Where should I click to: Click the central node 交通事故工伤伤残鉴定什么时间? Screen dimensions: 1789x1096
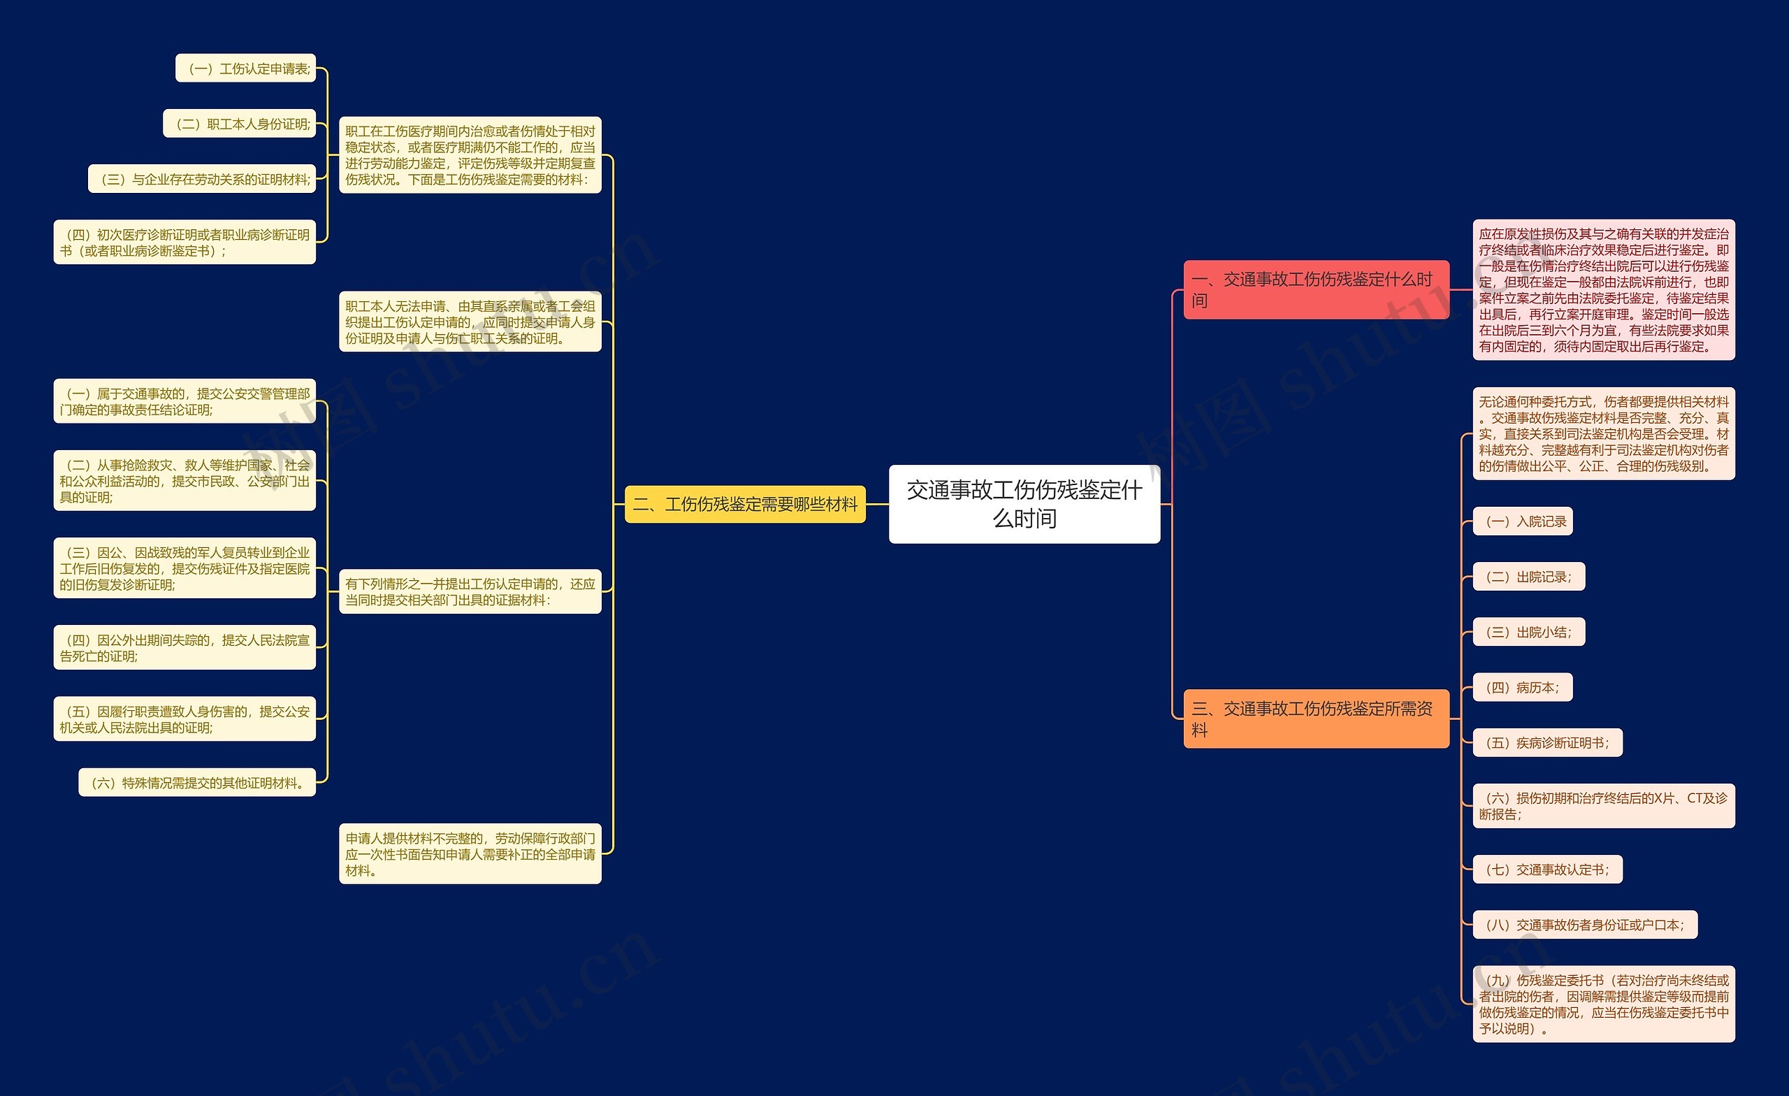(1024, 503)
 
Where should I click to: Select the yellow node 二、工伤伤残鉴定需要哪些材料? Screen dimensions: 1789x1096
(745, 504)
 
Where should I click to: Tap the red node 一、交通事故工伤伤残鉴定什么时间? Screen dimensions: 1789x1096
(1316, 289)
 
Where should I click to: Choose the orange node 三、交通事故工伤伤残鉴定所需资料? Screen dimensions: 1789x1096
(1316, 719)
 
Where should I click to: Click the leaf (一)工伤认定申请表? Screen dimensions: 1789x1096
(245, 68)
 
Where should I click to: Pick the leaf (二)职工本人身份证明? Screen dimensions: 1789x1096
(240, 124)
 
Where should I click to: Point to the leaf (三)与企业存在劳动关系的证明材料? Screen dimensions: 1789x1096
(202, 179)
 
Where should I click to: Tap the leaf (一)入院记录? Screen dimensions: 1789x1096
(1523, 521)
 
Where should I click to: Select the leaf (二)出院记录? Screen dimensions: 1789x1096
(1528, 576)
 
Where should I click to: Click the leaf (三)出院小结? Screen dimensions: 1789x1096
(1528, 631)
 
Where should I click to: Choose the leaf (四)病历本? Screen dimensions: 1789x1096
(1523, 686)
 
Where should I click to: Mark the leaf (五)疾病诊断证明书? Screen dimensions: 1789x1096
(1547, 742)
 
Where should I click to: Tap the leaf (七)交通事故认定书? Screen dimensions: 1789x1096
(1547, 869)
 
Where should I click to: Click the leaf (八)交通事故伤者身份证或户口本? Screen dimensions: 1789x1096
(1584, 924)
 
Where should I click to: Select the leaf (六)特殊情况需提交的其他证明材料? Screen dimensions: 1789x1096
(197, 782)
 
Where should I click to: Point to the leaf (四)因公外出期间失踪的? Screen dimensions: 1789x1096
(184, 647)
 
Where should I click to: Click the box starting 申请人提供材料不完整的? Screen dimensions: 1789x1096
(470, 853)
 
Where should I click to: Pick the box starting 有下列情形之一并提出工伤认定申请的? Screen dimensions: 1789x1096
(470, 591)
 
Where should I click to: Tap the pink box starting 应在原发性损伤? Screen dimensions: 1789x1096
(1603, 290)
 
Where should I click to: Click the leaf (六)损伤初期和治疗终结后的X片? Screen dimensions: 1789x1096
(1603, 805)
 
